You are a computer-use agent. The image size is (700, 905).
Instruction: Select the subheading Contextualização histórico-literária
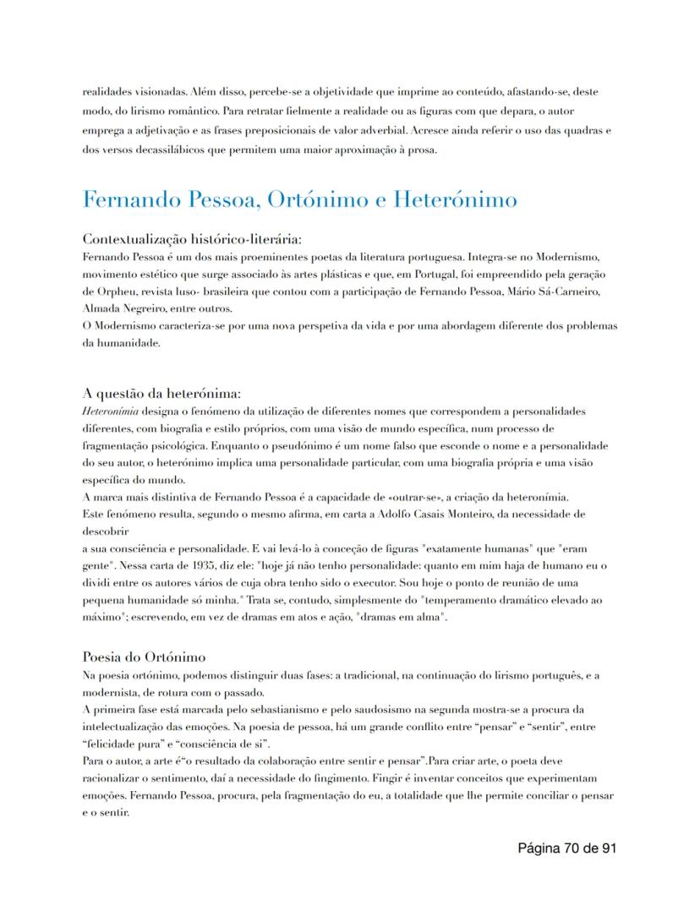pos(192,239)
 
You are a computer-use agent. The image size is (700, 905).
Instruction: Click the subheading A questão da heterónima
pos(162,393)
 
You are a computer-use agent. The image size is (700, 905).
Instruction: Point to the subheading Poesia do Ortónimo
pos(144,657)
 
